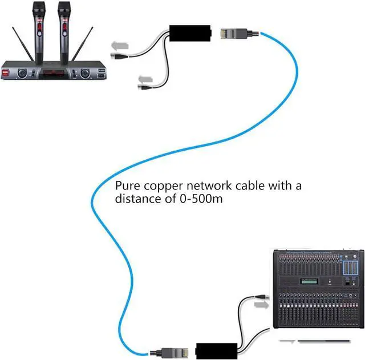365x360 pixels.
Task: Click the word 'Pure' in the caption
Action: [127, 186]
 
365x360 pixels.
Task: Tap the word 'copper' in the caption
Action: [159, 187]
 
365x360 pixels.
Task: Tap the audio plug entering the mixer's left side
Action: [263, 297]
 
